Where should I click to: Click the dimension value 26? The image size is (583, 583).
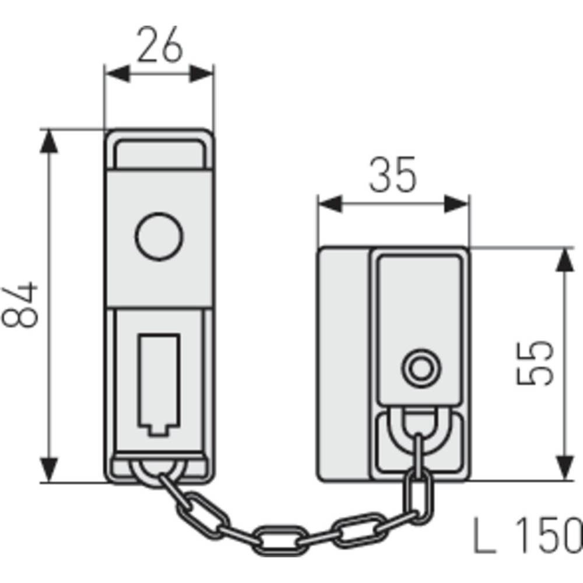159,47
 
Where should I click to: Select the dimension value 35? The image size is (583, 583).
392,174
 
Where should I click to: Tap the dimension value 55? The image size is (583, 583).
535,363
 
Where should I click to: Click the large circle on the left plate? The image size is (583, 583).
159,237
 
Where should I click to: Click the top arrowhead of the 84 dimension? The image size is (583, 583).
50,140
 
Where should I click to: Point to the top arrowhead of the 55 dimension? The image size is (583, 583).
565,259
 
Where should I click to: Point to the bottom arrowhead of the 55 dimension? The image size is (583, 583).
565,470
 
